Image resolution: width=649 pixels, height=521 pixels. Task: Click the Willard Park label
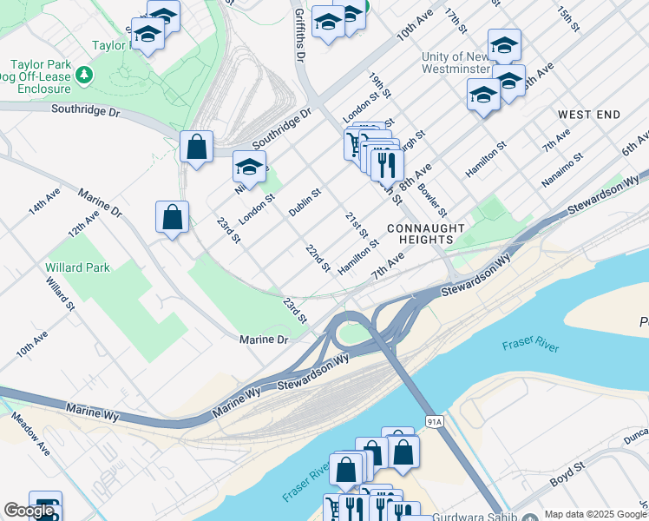pos(78,267)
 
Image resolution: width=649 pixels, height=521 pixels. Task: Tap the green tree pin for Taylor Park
pos(84,76)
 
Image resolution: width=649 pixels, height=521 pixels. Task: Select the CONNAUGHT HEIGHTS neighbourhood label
pos(420,233)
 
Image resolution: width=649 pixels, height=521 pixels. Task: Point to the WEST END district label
pos(589,115)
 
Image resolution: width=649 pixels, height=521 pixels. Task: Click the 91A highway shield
pos(435,421)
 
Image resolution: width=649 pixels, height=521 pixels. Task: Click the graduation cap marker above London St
pos(249,167)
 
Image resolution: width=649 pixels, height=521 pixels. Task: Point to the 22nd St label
pos(318,257)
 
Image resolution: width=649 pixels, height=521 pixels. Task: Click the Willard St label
pos(59,293)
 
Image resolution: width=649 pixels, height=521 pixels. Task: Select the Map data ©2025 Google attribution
pos(595,514)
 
